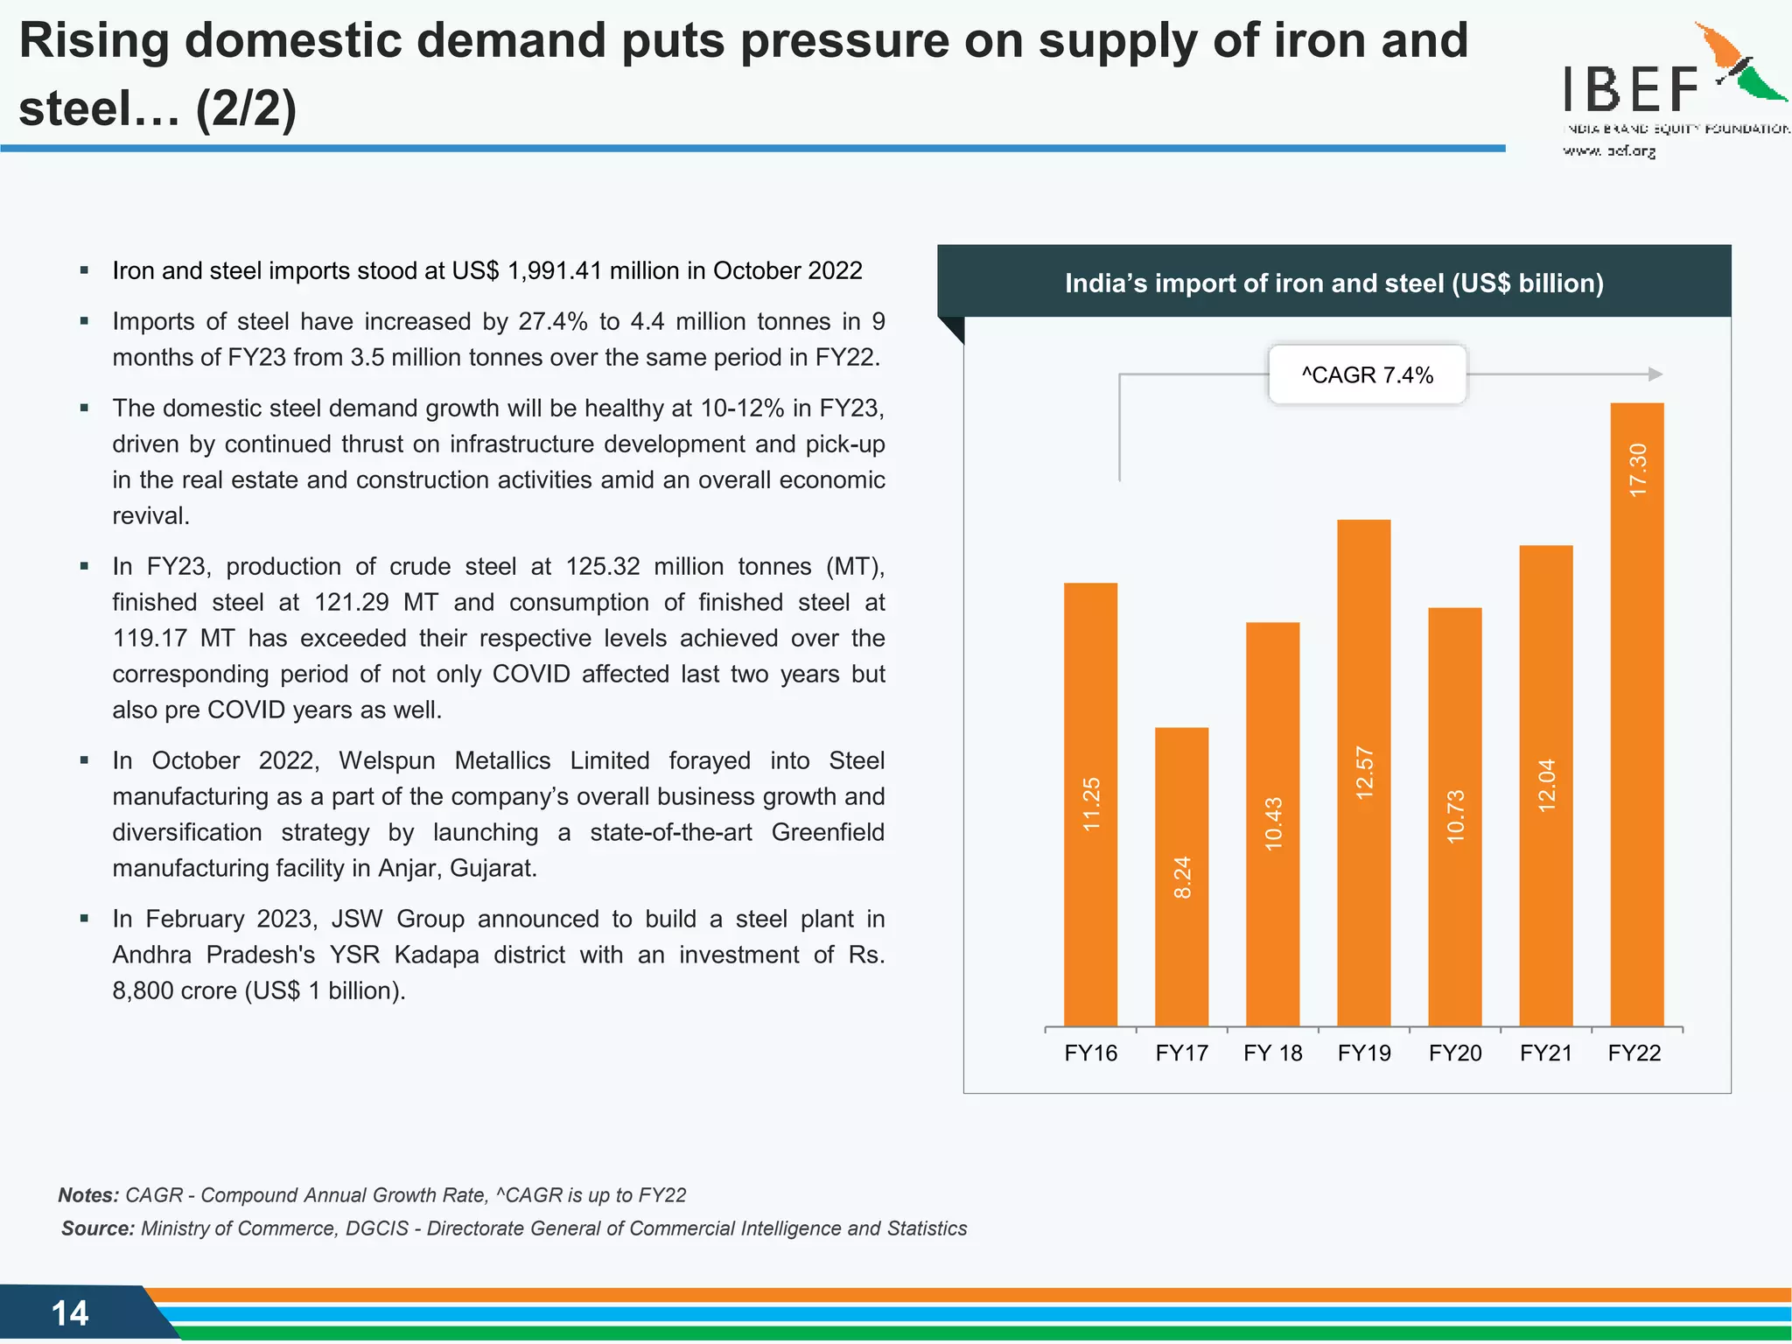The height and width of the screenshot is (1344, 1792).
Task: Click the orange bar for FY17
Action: coord(1181,875)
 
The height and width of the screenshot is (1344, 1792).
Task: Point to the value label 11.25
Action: coord(1091,804)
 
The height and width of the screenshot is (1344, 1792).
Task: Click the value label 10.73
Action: coord(1455,816)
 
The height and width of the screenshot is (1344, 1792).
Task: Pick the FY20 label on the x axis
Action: coord(1455,1053)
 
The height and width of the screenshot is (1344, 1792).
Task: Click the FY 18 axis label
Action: coord(1272,1053)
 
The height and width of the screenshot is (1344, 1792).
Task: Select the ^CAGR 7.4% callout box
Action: coord(1367,374)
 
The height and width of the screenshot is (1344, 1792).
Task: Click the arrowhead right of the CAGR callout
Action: coord(1655,374)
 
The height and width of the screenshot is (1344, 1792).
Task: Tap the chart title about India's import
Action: coord(1333,283)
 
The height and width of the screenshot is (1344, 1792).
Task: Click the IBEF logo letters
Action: coord(1631,89)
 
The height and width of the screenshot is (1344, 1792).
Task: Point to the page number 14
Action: coord(70,1312)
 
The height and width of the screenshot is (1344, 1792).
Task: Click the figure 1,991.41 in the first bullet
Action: coord(555,270)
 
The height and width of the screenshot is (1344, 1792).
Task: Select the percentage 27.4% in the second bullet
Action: coord(553,321)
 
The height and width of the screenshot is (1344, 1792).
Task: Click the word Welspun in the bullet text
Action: coord(387,760)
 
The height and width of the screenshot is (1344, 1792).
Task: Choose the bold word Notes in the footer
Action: coord(88,1195)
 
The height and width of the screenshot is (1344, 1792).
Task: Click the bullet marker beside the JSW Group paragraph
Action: coord(84,918)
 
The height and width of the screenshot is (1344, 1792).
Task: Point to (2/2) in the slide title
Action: coord(247,108)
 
